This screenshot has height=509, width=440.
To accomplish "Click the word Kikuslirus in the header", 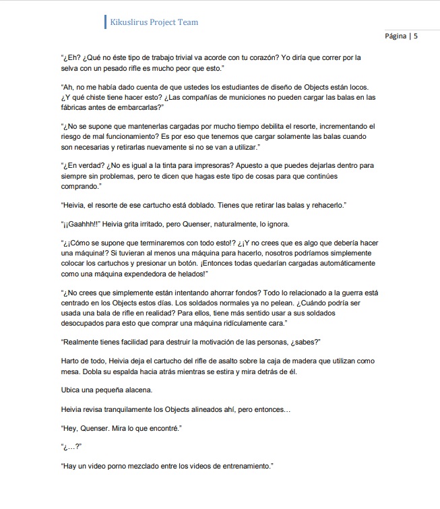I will [133, 22].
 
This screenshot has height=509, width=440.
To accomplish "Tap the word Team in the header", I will [187, 22].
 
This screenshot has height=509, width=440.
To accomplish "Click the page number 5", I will [416, 36].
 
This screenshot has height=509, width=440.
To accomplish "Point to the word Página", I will [396, 36].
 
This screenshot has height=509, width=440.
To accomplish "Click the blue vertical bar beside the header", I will [105, 22].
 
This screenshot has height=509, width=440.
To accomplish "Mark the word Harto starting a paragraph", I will [71, 361].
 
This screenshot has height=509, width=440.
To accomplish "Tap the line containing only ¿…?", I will [71, 446].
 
